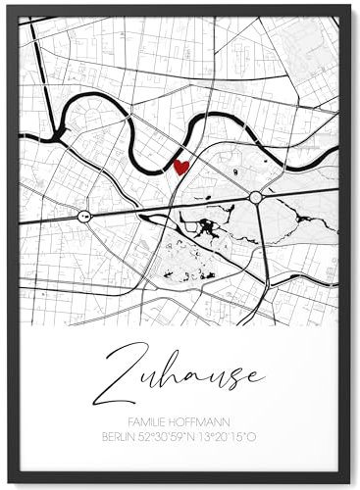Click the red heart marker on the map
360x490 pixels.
coord(180,167)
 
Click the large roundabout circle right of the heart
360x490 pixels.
coord(255,198)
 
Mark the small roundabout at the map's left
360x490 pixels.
coord(84,215)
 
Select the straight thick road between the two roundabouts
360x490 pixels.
coord(167,207)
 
